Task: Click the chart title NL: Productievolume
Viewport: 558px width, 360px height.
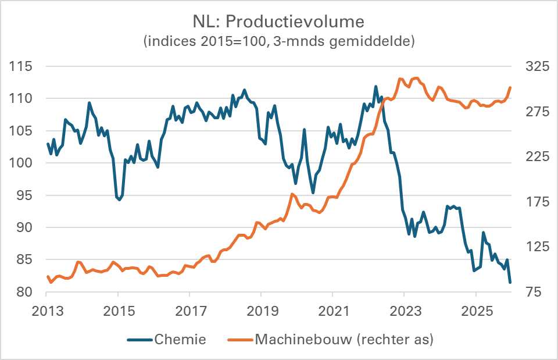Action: [x=278, y=22]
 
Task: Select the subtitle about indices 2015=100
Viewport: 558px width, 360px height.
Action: [x=278, y=42]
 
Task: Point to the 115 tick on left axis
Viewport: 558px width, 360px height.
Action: [x=21, y=66]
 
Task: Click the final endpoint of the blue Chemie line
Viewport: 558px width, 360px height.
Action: [x=510, y=282]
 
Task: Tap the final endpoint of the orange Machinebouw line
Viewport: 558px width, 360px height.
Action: [x=510, y=88]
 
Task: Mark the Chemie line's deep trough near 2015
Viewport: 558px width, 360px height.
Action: [x=119, y=199]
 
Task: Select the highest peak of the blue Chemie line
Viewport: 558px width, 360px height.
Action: [x=375, y=87]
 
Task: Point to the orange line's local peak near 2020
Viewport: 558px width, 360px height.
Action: [x=292, y=194]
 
